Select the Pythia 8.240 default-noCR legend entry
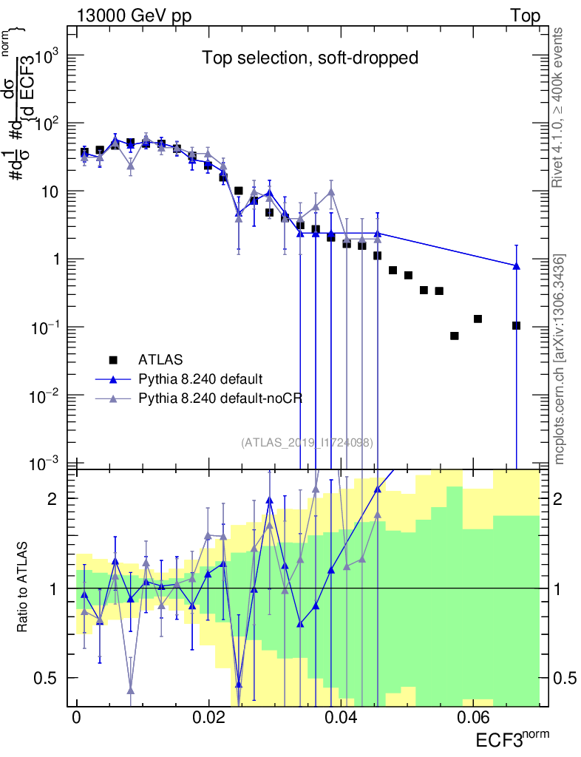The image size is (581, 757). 211,398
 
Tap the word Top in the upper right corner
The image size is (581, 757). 525,16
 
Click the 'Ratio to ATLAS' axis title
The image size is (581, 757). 24,588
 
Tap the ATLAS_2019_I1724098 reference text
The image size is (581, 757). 307,443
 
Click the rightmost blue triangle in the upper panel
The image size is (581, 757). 516,266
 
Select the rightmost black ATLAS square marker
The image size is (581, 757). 516,325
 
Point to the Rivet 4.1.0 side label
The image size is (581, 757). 560,106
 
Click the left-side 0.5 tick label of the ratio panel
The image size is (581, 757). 55,678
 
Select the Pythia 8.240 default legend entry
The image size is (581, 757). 200,379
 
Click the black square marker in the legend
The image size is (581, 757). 113,360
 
